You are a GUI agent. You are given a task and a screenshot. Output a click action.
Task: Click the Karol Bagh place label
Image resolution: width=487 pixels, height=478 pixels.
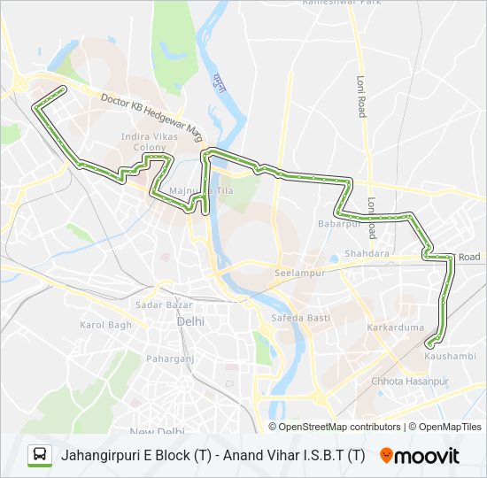pyautogui.click(x=105, y=325)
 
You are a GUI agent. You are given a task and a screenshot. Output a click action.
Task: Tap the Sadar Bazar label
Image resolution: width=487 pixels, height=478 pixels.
pyautogui.click(x=151, y=305)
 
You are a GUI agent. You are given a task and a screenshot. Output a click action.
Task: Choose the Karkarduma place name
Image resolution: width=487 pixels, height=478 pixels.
pyautogui.click(x=393, y=328)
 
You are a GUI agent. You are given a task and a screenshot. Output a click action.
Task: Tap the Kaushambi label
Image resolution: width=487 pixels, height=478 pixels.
pyautogui.click(x=450, y=356)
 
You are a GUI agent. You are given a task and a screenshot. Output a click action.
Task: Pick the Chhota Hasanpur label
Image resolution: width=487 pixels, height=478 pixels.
pyautogui.click(x=410, y=382)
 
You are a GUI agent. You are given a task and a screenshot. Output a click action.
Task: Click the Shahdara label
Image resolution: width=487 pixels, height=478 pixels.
pyautogui.click(x=367, y=253)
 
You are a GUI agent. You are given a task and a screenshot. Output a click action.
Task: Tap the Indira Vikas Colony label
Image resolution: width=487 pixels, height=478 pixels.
pyautogui.click(x=151, y=142)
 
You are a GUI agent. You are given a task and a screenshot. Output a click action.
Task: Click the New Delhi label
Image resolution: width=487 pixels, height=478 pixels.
pyautogui.click(x=156, y=431)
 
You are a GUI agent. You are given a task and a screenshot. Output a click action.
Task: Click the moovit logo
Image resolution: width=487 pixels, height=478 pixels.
pyautogui.click(x=420, y=456)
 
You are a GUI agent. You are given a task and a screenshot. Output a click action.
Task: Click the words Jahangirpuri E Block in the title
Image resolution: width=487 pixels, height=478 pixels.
pyautogui.click(x=125, y=456)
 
